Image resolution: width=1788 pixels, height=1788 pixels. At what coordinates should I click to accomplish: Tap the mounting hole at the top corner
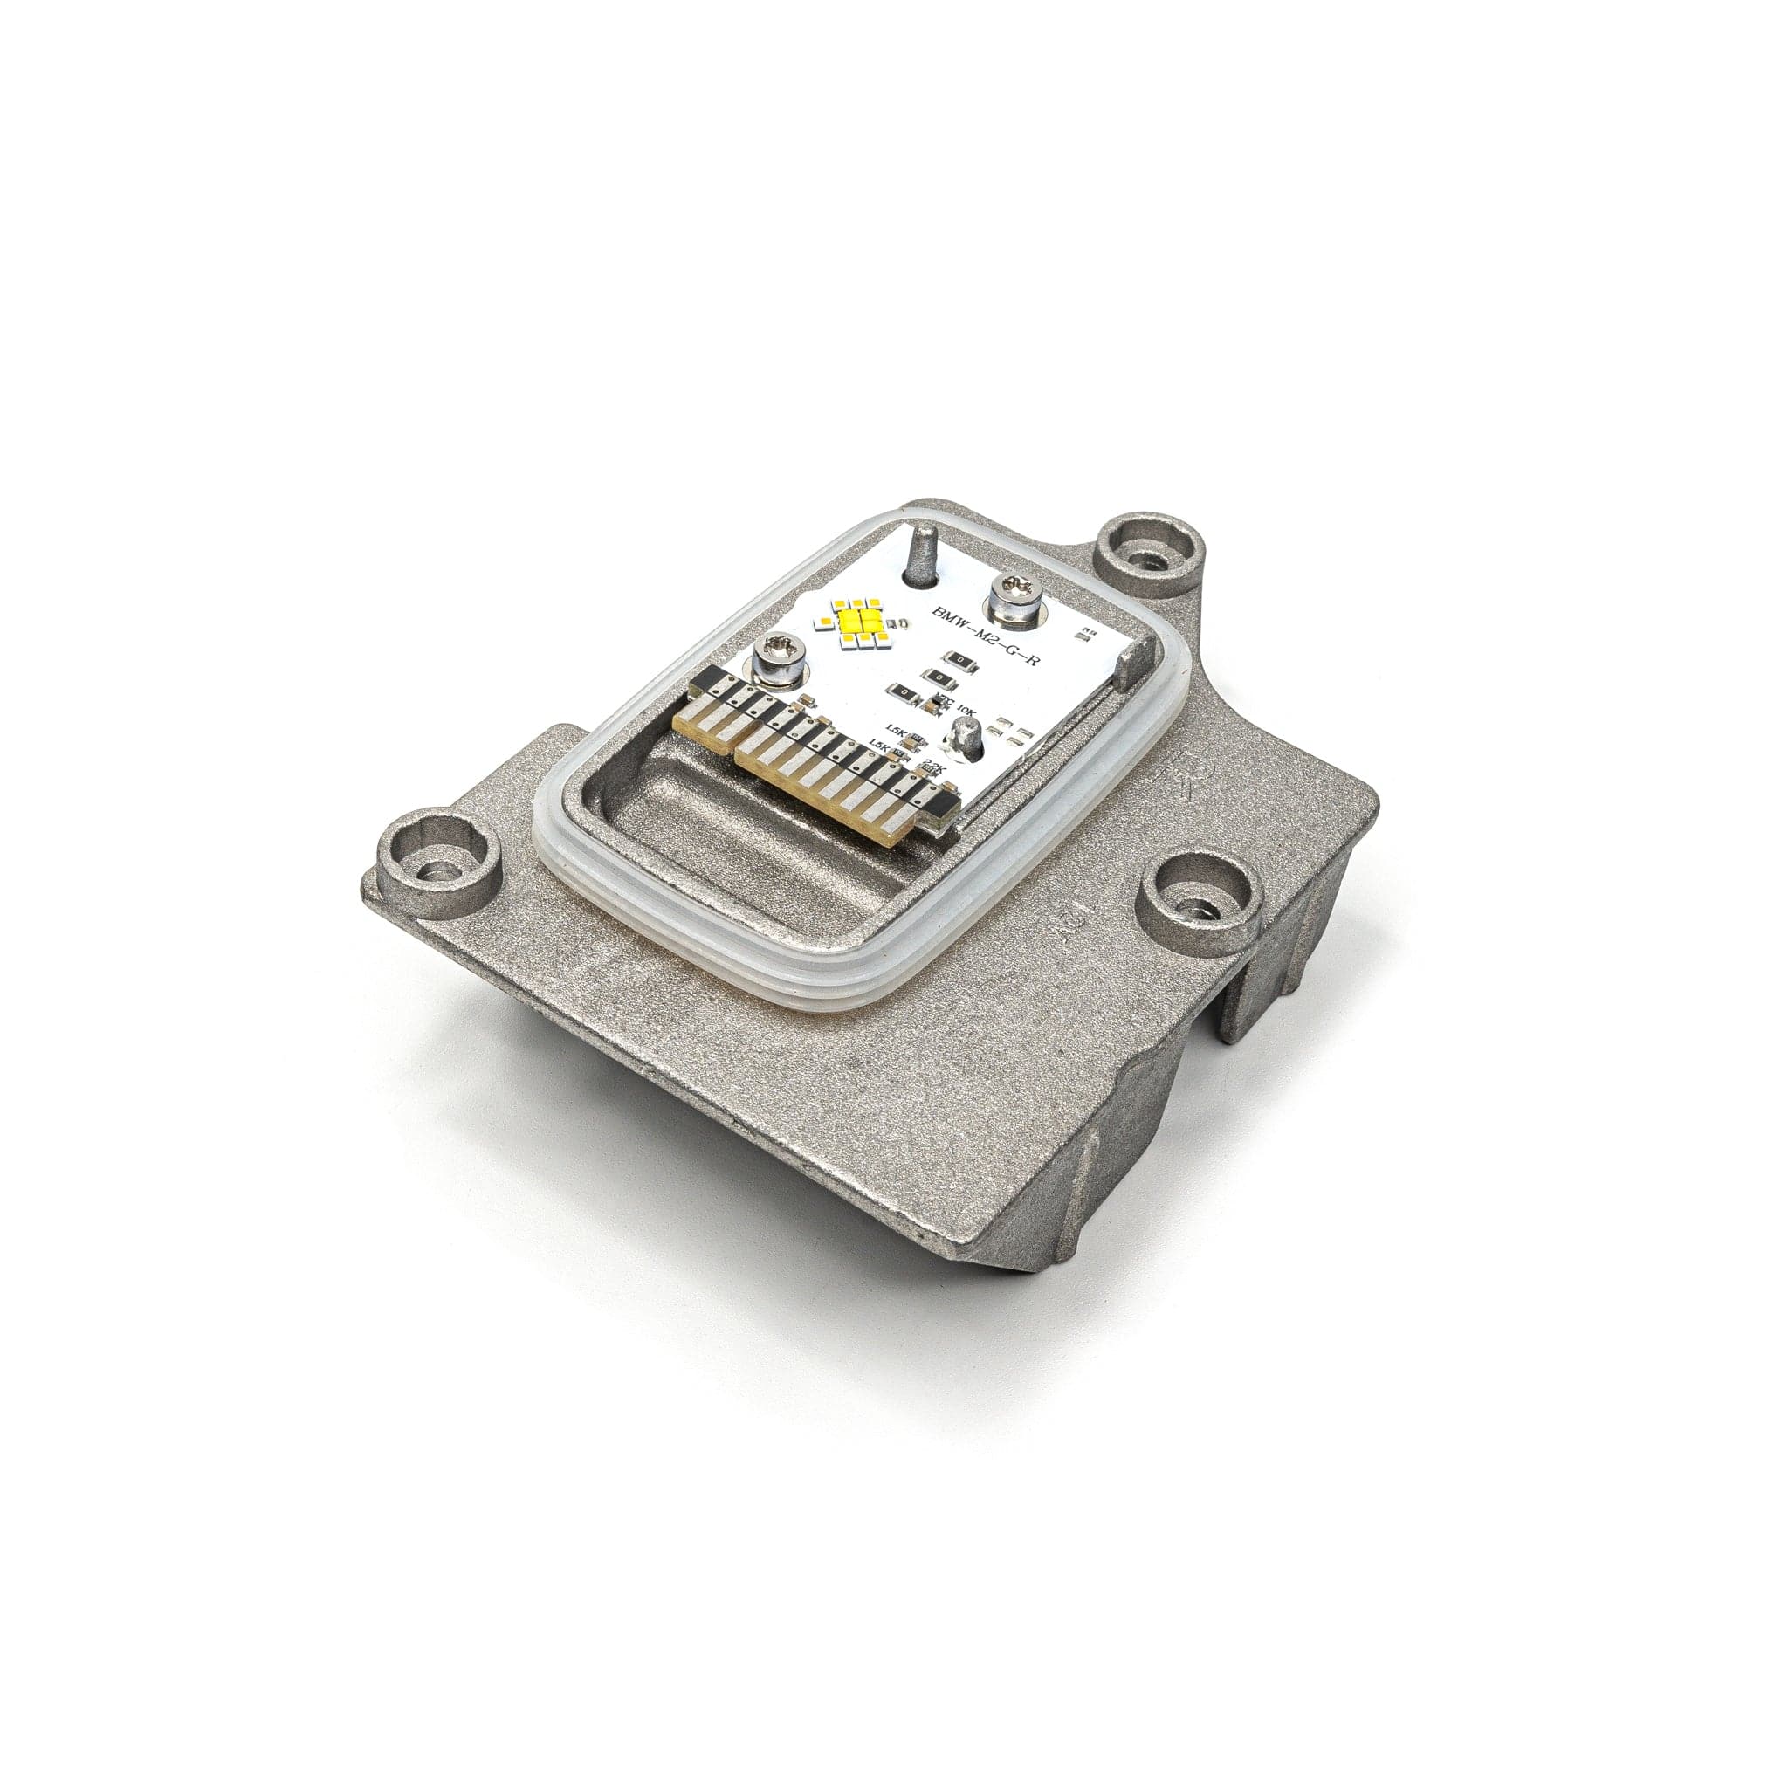pos(1151,555)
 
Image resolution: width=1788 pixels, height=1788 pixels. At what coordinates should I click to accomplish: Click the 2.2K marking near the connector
pos(932,768)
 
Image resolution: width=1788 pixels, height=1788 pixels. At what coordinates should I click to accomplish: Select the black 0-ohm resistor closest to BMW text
pos(966,661)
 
